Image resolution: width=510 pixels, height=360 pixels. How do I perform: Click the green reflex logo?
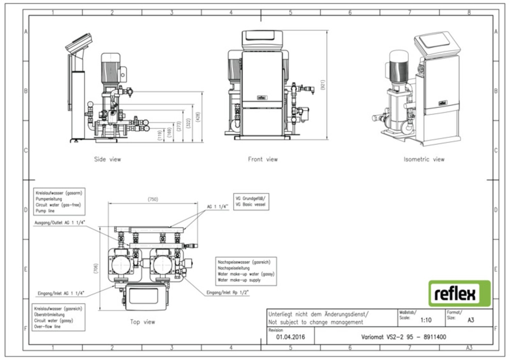[x=459, y=293]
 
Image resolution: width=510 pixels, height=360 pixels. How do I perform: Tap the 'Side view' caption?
[x=108, y=159]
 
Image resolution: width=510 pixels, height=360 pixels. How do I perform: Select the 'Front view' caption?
[x=263, y=159]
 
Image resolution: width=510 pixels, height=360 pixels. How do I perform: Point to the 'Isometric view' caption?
[x=424, y=159]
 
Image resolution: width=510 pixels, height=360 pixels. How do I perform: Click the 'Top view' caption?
[x=142, y=322]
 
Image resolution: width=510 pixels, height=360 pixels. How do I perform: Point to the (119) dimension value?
[x=159, y=136]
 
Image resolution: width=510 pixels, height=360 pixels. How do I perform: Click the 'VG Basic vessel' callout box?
[x=252, y=201]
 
